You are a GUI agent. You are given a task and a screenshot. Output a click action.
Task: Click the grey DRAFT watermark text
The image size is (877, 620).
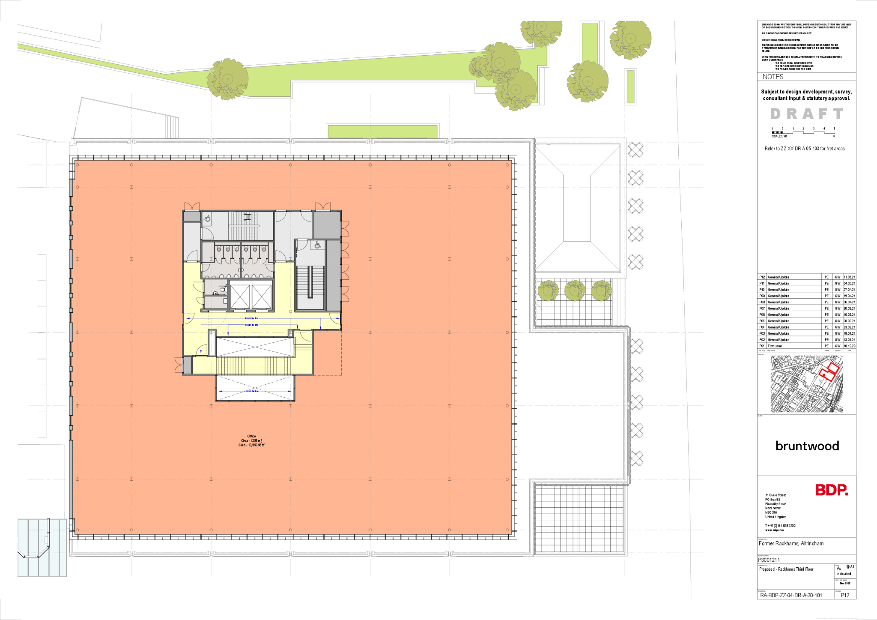point(807,114)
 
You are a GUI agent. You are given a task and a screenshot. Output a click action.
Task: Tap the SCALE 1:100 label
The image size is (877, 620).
point(779,136)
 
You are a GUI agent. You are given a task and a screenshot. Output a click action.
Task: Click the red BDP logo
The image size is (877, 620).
point(832,490)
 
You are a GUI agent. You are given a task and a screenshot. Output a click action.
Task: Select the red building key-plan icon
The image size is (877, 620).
point(829,371)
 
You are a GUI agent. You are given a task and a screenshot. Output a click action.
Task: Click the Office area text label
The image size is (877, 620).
point(252,440)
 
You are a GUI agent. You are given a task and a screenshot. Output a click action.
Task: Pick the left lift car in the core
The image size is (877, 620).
point(240,296)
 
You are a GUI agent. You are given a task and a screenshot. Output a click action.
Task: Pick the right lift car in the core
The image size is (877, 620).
point(262,296)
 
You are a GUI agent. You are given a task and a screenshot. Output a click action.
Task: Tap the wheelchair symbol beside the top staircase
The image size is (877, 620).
point(207,219)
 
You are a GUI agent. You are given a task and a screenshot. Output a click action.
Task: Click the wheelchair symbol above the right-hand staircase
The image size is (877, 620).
point(318,245)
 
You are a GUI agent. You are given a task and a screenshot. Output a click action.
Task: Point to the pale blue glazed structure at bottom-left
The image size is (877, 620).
point(42,547)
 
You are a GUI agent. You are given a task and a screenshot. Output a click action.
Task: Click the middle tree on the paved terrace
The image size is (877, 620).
point(575,291)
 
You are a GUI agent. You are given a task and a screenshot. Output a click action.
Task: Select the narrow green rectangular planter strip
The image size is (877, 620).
point(630,87)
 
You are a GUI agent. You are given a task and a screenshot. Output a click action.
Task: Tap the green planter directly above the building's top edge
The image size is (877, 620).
point(383,131)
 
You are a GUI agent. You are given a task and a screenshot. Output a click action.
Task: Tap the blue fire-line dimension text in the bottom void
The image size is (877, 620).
point(252,391)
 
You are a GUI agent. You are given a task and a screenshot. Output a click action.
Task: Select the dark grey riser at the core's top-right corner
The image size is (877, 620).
point(327,225)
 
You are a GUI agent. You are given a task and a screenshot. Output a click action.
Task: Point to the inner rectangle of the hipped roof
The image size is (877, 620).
point(577,208)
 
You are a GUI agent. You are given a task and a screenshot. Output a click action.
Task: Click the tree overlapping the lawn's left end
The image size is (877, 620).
point(227,79)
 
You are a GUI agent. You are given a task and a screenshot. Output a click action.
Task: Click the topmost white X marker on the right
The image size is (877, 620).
point(636,150)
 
